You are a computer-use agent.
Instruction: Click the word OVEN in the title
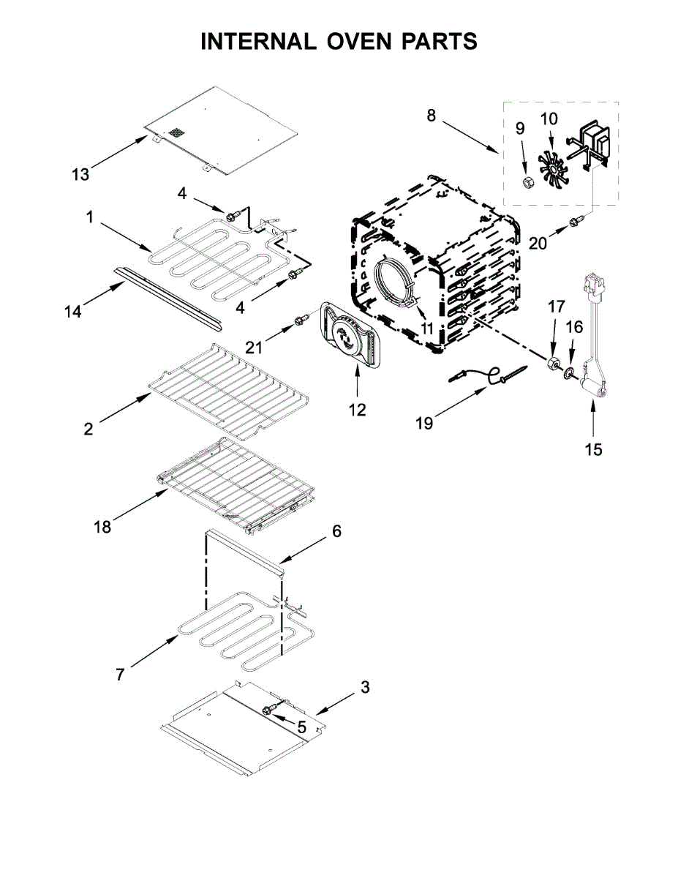tap(359, 41)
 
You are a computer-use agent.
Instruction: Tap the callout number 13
tap(80, 175)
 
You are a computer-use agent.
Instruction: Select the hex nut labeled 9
tap(527, 183)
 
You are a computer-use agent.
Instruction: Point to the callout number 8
tap(432, 116)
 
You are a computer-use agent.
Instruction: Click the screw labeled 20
tap(574, 221)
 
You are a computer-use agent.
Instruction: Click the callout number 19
tap(424, 424)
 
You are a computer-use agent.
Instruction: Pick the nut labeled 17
tap(551, 363)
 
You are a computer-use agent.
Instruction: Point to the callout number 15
tap(594, 449)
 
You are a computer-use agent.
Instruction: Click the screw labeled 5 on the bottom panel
tap(271, 709)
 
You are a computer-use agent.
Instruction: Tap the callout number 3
tap(365, 687)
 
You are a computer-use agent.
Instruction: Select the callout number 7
tap(119, 675)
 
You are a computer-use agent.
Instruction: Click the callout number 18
tap(102, 527)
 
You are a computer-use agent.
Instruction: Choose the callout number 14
tap(73, 312)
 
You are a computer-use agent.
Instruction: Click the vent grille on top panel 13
tap(176, 132)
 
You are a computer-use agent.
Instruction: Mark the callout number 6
tap(336, 531)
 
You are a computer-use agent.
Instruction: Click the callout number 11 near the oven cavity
tap(427, 329)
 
